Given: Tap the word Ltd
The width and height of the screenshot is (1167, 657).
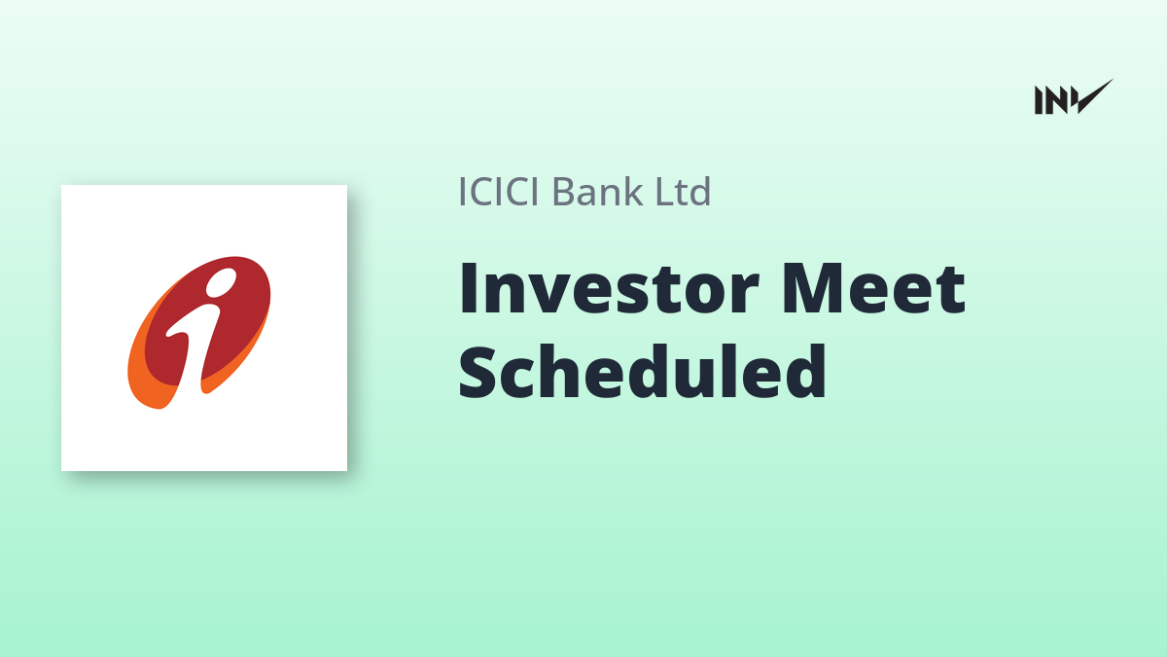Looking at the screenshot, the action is pyautogui.click(x=683, y=191).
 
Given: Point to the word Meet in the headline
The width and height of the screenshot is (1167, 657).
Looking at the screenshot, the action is pyautogui.click(x=873, y=289).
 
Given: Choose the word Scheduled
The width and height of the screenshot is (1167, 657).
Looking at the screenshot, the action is pyautogui.click(x=643, y=371).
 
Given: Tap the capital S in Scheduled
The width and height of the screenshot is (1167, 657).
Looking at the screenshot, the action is pyautogui.click(x=478, y=372).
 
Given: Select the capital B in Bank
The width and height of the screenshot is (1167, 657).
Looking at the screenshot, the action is pyautogui.click(x=565, y=192).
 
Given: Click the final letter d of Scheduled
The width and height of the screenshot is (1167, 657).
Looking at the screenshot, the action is pyautogui.click(x=806, y=371).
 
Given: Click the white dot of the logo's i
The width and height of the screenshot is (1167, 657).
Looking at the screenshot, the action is pyautogui.click(x=221, y=281).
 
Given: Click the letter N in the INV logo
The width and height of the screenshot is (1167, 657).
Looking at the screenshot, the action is pyautogui.click(x=1058, y=99).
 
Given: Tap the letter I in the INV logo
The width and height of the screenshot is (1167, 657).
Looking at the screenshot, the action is pyautogui.click(x=1039, y=99).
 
